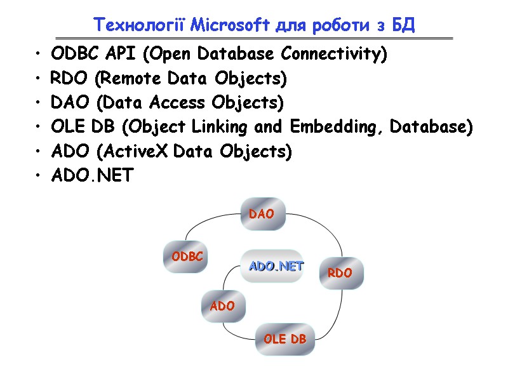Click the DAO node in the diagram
coord(262,214)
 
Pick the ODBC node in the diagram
coord(186,257)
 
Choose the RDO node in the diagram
coord(340,273)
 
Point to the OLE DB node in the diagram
coord(284,339)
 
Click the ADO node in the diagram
coord(222,306)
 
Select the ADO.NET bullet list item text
coord(93,176)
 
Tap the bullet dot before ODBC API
coord(39,55)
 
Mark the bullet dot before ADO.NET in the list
coord(39,177)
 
